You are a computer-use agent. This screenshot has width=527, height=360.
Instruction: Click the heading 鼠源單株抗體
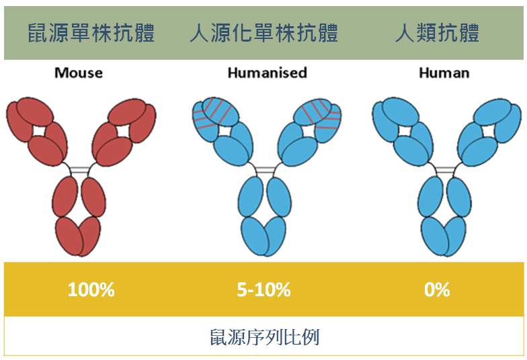click(x=91, y=33)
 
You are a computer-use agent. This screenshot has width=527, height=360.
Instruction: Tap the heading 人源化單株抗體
click(x=263, y=33)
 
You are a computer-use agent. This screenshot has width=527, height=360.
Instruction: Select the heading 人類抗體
click(x=437, y=33)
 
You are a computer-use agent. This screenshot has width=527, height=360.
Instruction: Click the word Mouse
click(x=79, y=73)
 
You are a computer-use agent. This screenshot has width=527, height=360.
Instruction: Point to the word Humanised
click(x=268, y=73)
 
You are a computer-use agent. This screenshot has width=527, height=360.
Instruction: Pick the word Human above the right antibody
click(x=444, y=73)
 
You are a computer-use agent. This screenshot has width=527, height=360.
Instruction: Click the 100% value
click(x=91, y=289)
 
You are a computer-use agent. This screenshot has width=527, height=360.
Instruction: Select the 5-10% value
click(x=263, y=289)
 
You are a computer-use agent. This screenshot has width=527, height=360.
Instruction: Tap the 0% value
click(x=437, y=289)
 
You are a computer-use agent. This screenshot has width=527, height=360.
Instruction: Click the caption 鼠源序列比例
click(x=264, y=337)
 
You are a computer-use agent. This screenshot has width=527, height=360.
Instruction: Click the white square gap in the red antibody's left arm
click(x=39, y=130)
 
